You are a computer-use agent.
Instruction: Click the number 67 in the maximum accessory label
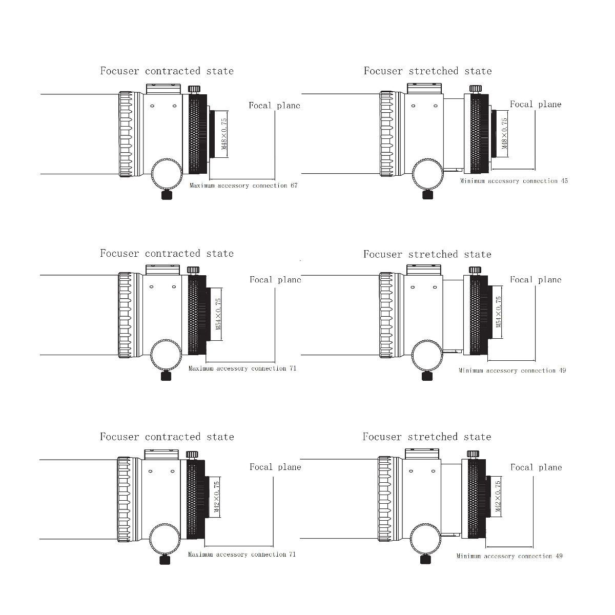[294, 186]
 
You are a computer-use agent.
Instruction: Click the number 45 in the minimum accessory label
[564, 181]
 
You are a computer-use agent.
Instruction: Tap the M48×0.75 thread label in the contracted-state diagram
[224, 134]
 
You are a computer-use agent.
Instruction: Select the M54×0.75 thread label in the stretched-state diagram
[499, 312]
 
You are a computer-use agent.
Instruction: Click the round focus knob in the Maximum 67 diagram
[166, 174]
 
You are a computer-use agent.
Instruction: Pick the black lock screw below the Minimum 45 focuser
[427, 194]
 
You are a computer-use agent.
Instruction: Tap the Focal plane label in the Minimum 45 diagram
[536, 105]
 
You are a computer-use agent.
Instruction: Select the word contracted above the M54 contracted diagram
[172, 253]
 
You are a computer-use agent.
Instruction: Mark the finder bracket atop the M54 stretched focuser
[424, 270]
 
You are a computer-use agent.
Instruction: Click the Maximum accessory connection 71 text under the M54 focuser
[242, 368]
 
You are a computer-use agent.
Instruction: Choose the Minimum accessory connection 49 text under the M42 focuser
[509, 556]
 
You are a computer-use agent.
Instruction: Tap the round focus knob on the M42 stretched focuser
[425, 539]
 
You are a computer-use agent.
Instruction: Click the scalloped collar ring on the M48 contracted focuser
[126, 134]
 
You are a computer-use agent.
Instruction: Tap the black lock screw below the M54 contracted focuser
[166, 376]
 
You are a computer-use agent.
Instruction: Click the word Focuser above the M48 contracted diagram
[119, 71]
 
